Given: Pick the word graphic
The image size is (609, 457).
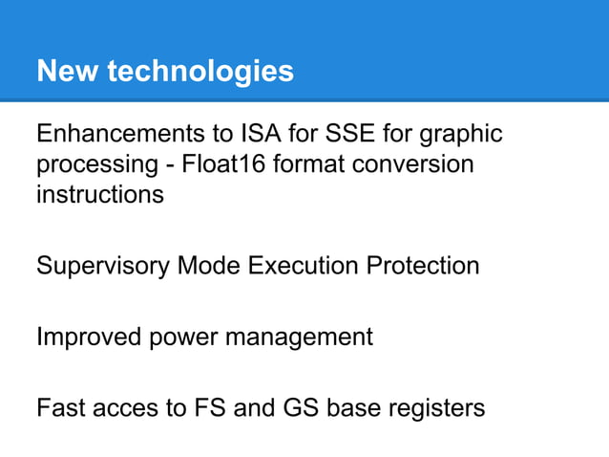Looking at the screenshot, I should tap(460, 134).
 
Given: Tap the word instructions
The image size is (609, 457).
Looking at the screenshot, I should tap(99, 194).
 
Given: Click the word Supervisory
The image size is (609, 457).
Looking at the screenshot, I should tap(103, 266).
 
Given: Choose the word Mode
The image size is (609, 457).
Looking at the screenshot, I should tap(209, 265).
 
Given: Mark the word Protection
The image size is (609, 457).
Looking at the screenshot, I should tap(426, 265).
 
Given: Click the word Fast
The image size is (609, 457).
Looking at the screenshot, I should tap(60, 409).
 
